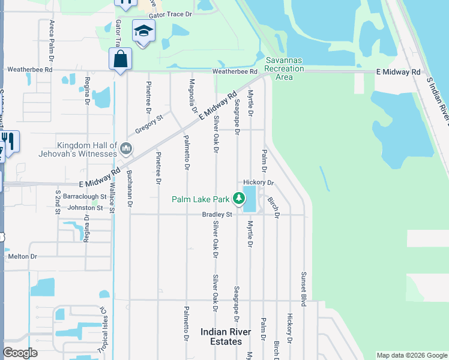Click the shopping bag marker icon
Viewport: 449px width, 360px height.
coord(120,59)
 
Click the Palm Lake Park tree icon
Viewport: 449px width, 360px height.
coord(239,198)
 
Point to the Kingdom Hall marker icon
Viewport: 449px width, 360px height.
coord(125,148)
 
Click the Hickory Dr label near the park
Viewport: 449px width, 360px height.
coord(259,182)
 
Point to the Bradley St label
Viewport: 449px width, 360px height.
coord(217,214)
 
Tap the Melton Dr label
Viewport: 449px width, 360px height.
coord(22,256)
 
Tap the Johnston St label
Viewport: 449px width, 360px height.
coord(85,208)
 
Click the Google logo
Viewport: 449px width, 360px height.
coord(21,353)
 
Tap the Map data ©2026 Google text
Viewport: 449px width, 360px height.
coord(411,355)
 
